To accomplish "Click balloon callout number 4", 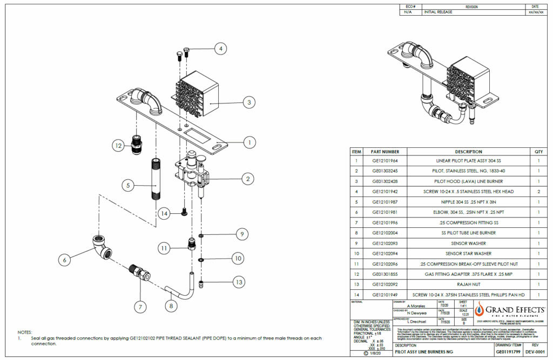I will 220,49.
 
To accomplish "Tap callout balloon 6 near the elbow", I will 65,260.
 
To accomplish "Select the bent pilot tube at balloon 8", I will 181,291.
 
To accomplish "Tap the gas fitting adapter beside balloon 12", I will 138,145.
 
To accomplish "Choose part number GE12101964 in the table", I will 385,161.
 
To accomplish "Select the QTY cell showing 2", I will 538,192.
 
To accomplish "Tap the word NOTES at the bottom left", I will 25,332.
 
